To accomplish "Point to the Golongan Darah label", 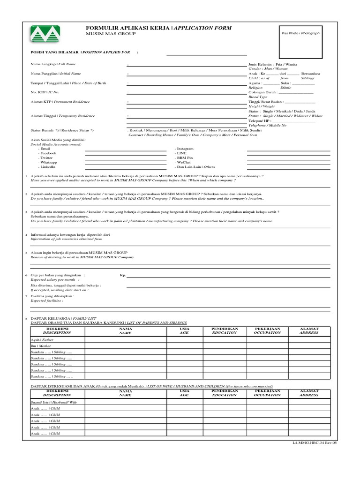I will [262, 92].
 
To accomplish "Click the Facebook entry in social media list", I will [48, 153].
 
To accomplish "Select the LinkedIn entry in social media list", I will [48, 166].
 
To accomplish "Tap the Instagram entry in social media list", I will [185, 149].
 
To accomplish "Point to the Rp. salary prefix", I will [123, 276].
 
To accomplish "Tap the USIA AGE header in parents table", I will [185, 331].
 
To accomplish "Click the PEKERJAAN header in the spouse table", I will [268, 393].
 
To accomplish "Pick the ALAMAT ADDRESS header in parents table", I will [309, 331].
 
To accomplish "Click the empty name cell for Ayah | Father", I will [126, 339].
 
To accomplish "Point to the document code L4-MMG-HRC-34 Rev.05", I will [314, 442].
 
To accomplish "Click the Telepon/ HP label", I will [260, 120].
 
